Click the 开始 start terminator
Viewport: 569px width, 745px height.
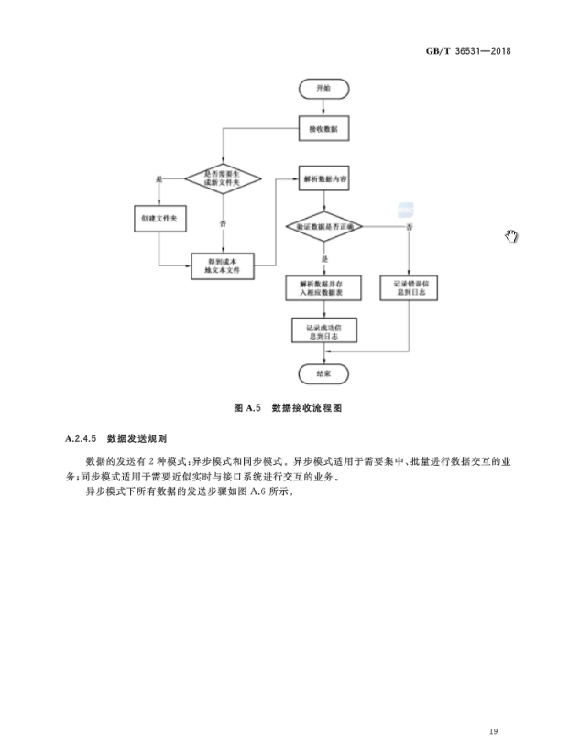[x=323, y=89]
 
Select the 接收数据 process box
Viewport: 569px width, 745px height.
[x=323, y=131]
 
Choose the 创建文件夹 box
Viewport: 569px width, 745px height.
[x=159, y=220]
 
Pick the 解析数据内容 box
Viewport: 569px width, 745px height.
[x=323, y=180]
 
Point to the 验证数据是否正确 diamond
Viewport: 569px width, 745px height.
[x=324, y=225]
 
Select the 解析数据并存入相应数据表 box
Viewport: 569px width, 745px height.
[x=323, y=288]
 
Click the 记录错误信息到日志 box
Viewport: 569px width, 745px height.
[x=408, y=288]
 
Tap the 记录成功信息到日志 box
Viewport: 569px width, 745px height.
[x=323, y=330]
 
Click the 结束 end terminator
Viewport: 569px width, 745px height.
[x=323, y=374]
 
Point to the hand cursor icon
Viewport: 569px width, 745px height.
[x=511, y=237]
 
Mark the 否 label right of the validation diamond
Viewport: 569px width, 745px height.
[x=409, y=225]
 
